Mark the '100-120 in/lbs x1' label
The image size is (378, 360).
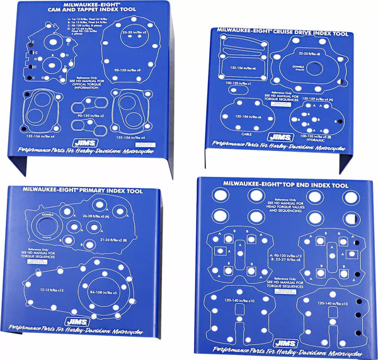click(x=240, y=82)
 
